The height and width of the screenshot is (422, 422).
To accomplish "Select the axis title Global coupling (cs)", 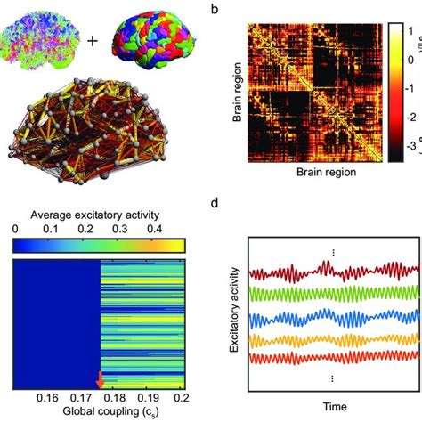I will tap(101, 412).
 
